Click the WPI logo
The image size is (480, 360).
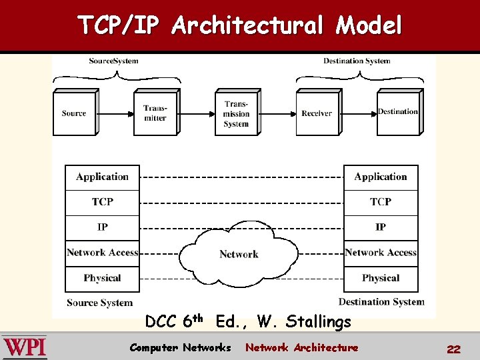point(25,347)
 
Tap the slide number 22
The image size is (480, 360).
point(453,349)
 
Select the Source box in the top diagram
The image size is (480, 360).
point(74,113)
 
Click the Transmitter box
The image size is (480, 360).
point(155,113)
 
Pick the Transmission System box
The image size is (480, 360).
point(236,113)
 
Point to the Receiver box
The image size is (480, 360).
point(317,113)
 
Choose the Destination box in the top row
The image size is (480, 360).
point(398,112)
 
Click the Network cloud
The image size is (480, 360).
point(239,254)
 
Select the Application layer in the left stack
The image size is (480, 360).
point(102,177)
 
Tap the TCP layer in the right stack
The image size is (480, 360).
point(381,202)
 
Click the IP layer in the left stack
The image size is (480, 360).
point(102,227)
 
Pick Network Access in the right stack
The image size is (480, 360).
point(381,253)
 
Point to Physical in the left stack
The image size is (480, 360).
point(102,278)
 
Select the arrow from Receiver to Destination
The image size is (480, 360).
point(358,113)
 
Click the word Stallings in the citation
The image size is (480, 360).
point(318,322)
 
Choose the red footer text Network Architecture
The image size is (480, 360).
point(301,347)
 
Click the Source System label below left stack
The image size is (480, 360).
point(100,303)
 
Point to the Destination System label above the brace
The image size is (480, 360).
point(357,61)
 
